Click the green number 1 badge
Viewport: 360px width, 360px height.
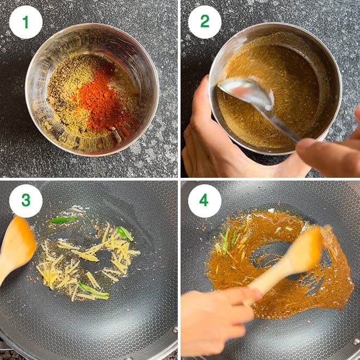pos(26,22)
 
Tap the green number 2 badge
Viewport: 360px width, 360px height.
pos(205,22)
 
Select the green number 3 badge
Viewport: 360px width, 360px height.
pos(26,201)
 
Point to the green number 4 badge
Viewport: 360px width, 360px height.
pos(205,201)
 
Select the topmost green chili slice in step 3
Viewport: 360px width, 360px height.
pos(64,219)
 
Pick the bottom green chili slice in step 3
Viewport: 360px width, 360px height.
pos(93,290)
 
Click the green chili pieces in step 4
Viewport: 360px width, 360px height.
pos(230,241)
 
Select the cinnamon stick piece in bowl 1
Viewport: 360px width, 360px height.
pos(116,135)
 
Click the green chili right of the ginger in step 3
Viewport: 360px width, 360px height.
pos(124,233)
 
